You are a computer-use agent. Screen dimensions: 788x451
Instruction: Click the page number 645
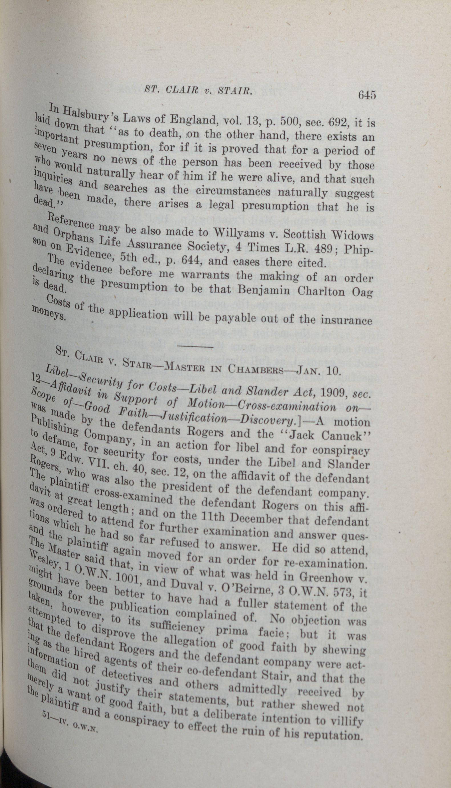[367, 94]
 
